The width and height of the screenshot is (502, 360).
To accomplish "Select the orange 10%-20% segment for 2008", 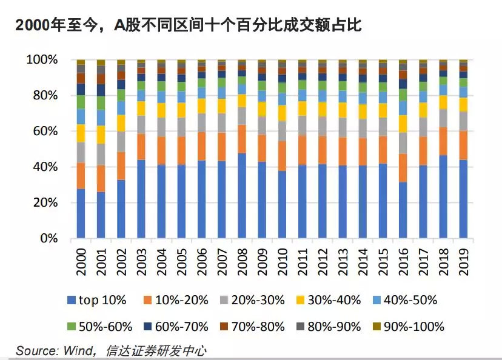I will click(242, 139).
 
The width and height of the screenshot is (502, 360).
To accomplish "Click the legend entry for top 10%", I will click(96, 300).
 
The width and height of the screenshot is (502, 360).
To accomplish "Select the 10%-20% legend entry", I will click(176, 300).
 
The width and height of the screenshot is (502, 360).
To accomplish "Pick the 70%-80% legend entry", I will click(252, 327).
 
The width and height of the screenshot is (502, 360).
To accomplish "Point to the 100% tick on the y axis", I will click(42, 60).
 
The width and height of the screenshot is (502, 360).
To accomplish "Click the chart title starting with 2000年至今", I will click(189, 25).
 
